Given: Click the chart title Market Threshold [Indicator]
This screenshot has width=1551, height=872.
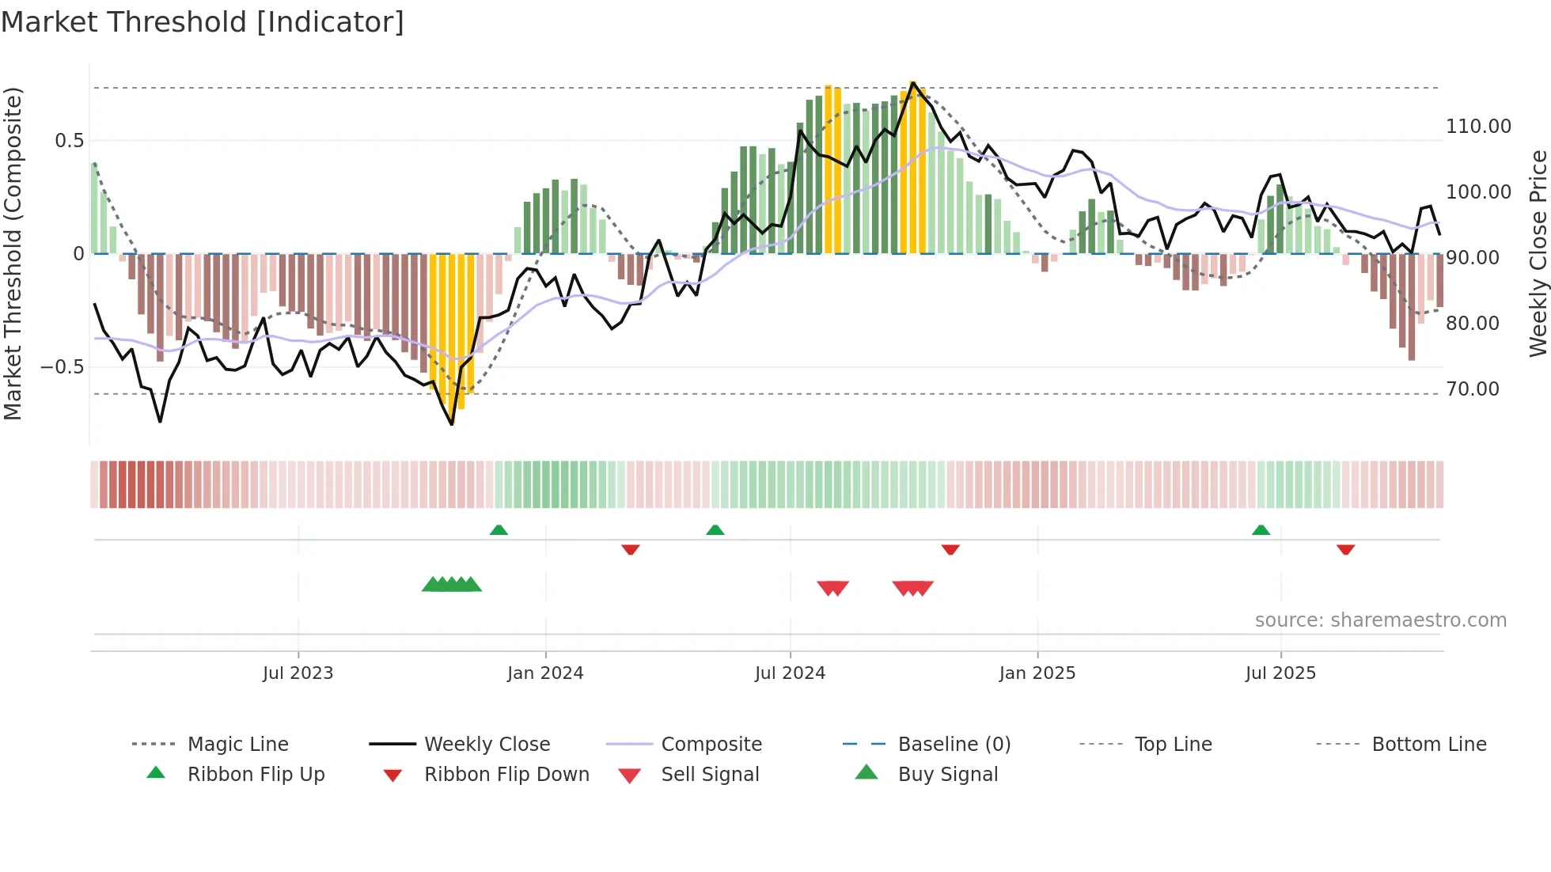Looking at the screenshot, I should tap(203, 22).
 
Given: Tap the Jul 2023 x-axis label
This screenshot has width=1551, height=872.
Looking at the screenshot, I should tap(298, 673).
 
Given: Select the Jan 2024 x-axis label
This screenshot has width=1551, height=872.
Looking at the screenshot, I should tap(545, 673).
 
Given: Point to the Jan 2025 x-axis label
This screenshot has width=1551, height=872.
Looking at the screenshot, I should tap(1037, 673).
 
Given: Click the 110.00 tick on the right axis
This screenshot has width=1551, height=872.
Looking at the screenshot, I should tap(1478, 127).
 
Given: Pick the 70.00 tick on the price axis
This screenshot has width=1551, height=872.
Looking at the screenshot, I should tap(1473, 389).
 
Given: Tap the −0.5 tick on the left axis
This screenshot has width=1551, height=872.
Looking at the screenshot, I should tap(62, 367).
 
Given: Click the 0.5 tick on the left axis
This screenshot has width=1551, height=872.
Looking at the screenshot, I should tap(69, 141).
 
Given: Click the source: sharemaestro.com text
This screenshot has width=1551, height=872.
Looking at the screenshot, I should tap(1380, 620).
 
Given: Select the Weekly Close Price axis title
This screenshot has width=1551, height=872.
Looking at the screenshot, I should tap(1538, 253).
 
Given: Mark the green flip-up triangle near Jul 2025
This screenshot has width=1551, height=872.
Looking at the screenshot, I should tap(1261, 530).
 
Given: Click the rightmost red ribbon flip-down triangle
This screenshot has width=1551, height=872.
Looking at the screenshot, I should tap(1345, 549).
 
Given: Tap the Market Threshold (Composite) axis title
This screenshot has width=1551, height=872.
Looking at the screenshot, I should tap(13, 253).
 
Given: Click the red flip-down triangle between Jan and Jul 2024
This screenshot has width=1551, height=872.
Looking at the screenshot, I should tap(631, 549).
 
